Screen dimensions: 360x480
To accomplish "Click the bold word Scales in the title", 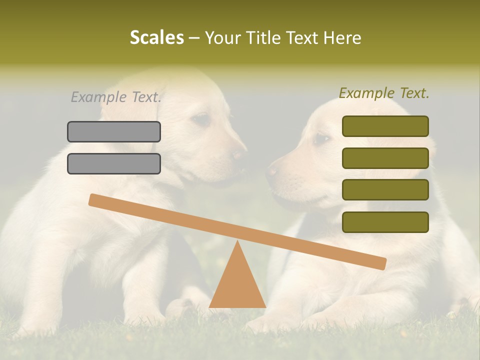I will pos(157,38).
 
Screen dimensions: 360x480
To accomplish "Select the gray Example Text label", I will pos(116,97).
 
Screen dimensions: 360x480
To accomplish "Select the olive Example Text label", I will pos(384,93).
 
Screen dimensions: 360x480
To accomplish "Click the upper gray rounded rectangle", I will pos(114,131).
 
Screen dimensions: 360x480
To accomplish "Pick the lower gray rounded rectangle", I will pos(114,163).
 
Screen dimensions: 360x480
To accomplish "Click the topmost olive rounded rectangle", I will pos(385,126).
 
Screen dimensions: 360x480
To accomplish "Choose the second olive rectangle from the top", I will pos(385,158).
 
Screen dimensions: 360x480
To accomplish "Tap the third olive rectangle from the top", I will pos(385,190).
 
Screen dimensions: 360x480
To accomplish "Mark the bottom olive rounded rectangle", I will pos(385,222).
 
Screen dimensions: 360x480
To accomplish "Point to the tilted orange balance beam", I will pos(237,231).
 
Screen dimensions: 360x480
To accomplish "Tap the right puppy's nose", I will pos(272,171).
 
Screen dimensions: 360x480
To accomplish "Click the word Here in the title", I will pos(341,38).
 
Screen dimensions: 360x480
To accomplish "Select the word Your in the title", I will pos(222,38).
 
